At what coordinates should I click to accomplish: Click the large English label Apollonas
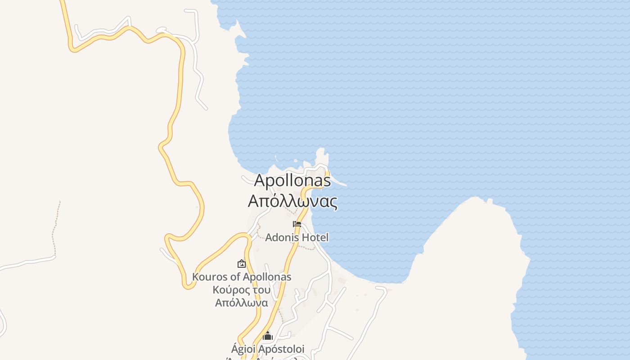(x=292, y=180)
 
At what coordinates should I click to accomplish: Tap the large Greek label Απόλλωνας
(x=292, y=201)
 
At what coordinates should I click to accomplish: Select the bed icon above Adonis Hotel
(x=297, y=224)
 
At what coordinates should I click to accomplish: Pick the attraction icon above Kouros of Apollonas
(x=242, y=264)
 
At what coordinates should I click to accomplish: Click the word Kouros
(x=208, y=277)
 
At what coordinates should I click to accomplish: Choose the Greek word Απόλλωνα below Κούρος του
(x=242, y=302)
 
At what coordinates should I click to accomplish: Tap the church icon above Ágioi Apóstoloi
(x=268, y=336)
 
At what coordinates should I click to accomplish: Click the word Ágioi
(x=244, y=349)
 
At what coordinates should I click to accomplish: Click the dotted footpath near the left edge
(x=55, y=225)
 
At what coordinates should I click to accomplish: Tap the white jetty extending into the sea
(x=338, y=182)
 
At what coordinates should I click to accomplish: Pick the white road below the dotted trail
(x=27, y=264)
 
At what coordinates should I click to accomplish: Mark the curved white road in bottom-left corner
(x=4, y=322)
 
